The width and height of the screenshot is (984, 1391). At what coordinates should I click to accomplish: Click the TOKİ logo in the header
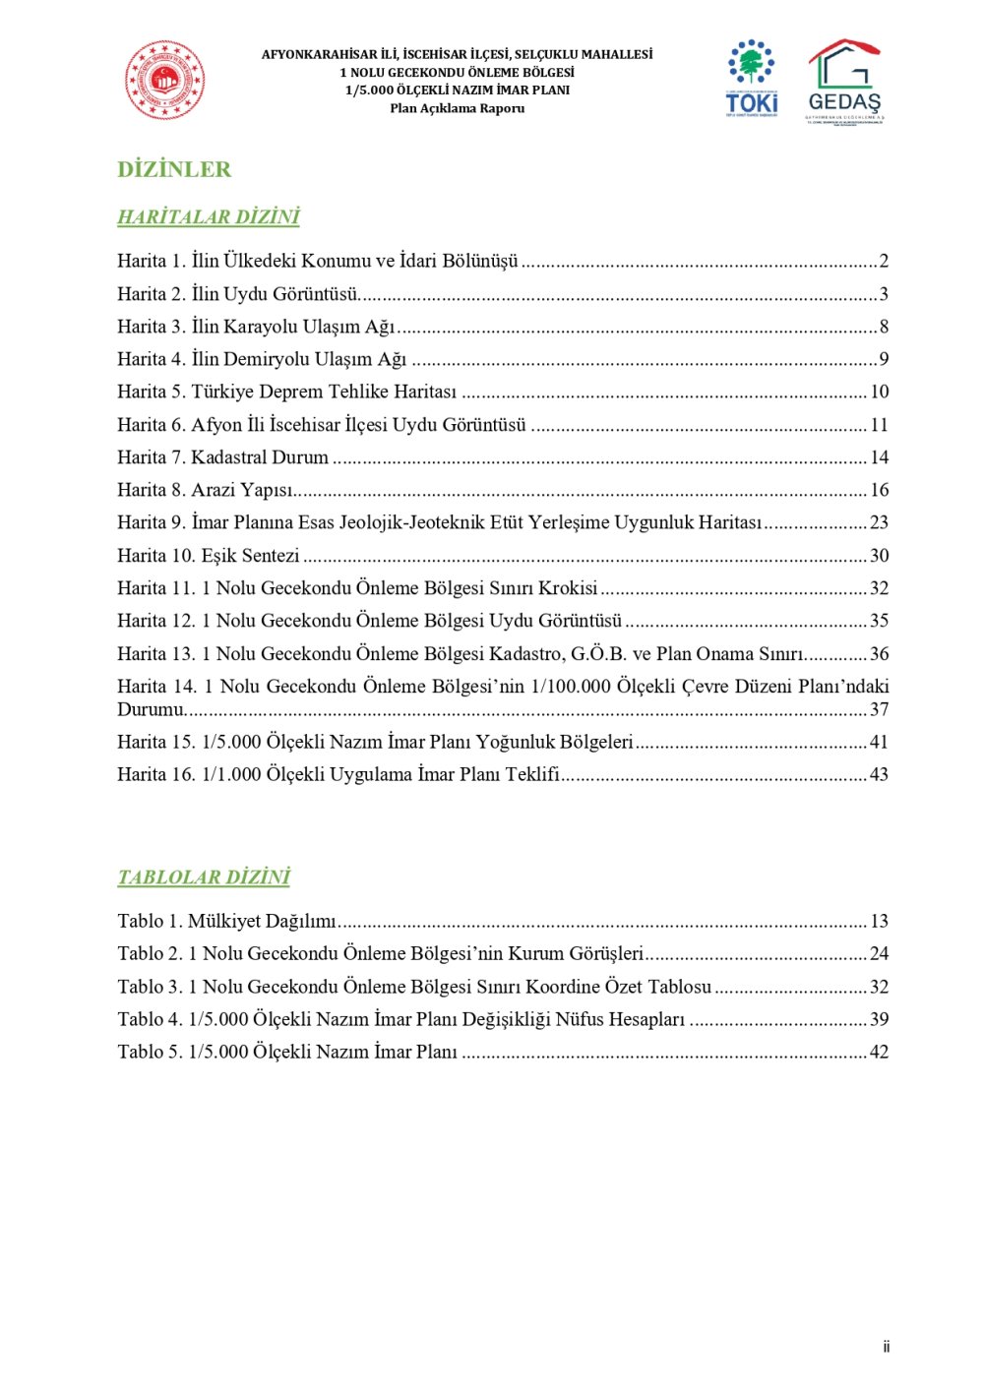[752, 79]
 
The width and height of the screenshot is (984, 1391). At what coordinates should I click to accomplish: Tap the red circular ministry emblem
[164, 81]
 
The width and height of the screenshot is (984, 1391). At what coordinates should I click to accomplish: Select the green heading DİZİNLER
[174, 169]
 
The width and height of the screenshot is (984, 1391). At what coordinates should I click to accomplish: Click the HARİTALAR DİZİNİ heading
[208, 216]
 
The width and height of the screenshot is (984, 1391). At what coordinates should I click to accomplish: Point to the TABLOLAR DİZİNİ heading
[204, 877]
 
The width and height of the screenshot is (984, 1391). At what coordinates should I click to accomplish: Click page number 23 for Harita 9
[879, 522]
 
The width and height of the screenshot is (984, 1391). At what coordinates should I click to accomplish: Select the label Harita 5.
[151, 392]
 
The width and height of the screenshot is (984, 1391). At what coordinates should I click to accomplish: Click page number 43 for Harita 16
[879, 774]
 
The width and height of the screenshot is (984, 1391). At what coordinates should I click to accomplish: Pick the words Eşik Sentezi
[250, 556]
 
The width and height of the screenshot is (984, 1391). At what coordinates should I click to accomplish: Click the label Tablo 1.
[149, 921]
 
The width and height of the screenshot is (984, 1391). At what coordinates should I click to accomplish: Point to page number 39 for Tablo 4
[879, 1019]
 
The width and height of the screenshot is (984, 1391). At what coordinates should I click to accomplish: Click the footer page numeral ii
[886, 1347]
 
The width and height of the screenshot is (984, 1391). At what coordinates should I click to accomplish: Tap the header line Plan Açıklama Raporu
[457, 108]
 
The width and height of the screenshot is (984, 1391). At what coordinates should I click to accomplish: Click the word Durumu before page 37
[150, 709]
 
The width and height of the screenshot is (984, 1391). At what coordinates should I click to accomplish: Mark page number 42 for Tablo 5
[879, 1052]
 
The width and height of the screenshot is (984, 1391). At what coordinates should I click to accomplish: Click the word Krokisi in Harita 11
[568, 588]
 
